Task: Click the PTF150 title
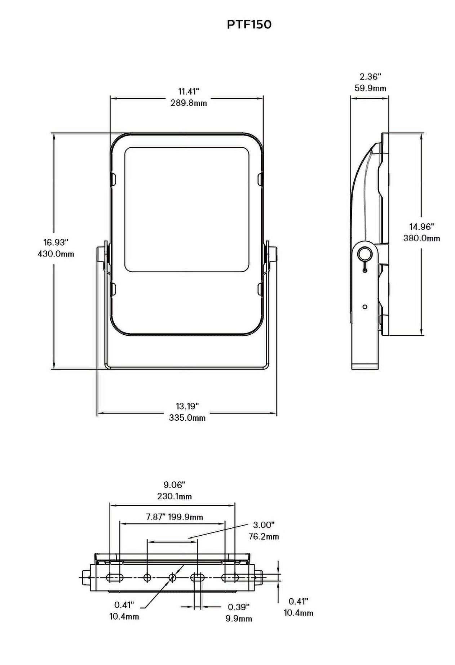point(249,24)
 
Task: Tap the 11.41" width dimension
point(189,91)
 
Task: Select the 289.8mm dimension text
point(189,103)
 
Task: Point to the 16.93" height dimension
point(56,242)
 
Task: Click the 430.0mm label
point(56,254)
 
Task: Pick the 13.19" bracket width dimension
point(187,406)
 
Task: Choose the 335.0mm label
point(187,418)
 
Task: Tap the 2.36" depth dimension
point(370,76)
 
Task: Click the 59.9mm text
point(370,88)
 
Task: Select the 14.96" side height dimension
point(421,227)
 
